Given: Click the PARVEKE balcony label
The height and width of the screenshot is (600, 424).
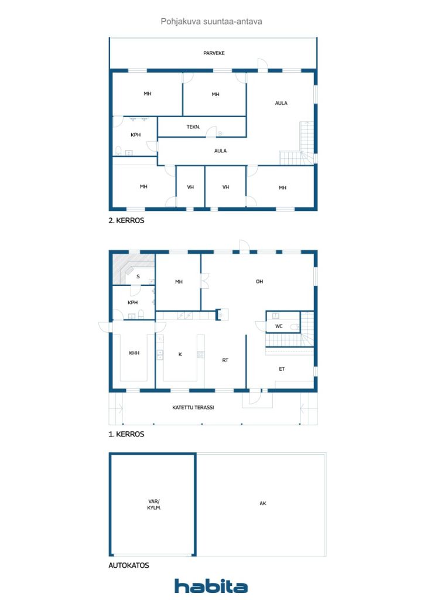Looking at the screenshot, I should pyautogui.click(x=214, y=53).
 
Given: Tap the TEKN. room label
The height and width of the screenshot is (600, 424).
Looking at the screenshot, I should pyautogui.click(x=194, y=127).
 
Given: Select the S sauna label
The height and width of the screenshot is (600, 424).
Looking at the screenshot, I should pyautogui.click(x=138, y=276).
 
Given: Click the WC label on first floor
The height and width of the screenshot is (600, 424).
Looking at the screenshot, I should pyautogui.click(x=279, y=326).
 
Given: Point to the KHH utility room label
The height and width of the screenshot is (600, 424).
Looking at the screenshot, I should pyautogui.click(x=134, y=353).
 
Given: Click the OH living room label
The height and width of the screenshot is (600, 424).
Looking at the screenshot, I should pyautogui.click(x=259, y=282).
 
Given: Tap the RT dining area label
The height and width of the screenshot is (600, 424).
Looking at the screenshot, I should pyautogui.click(x=225, y=360).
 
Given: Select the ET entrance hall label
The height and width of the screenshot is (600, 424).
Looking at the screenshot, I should pyautogui.click(x=282, y=369).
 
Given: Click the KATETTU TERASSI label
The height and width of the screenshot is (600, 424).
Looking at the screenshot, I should pyautogui.click(x=193, y=407).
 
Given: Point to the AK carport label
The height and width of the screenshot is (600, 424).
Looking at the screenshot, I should pyautogui.click(x=263, y=503).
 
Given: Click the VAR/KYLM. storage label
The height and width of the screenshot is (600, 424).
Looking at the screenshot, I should pyautogui.click(x=154, y=504).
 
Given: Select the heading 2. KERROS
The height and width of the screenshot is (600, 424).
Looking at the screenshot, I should pyautogui.click(x=126, y=221).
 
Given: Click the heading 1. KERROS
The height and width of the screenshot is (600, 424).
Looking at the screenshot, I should pyautogui.click(x=126, y=435).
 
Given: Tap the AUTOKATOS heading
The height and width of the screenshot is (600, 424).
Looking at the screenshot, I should pyautogui.click(x=129, y=565).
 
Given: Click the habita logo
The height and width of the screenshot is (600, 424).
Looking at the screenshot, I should pyautogui.click(x=211, y=586).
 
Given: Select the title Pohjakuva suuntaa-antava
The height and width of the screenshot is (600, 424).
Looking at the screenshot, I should pyautogui.click(x=211, y=21).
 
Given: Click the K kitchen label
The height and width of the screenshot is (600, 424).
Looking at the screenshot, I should pyautogui.click(x=180, y=354).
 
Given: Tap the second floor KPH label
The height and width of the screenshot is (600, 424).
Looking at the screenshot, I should pyautogui.click(x=135, y=135).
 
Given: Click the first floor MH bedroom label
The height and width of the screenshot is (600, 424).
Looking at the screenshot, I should pyautogui.click(x=179, y=282).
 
